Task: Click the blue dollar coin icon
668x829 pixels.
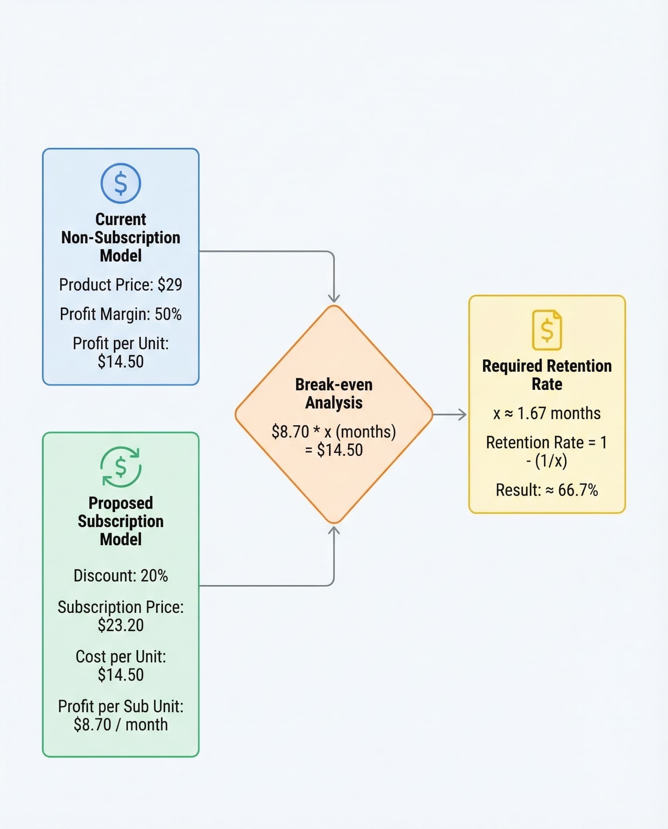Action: (121, 183)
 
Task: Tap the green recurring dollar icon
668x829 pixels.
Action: (121, 467)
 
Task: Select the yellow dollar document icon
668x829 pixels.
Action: (547, 330)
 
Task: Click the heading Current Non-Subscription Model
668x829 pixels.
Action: (121, 237)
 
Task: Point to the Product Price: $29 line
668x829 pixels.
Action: (121, 285)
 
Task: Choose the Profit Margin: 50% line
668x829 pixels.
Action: (121, 314)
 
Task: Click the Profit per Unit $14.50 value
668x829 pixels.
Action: (121, 362)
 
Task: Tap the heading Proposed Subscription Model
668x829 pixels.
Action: (121, 521)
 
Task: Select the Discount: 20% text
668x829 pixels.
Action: (121, 575)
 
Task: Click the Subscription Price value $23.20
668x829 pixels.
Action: (121, 625)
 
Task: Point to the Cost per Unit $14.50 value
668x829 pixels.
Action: (121, 675)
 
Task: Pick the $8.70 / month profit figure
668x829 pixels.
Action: (121, 724)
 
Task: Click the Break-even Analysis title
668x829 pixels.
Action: (334, 394)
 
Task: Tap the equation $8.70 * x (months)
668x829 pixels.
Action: (334, 432)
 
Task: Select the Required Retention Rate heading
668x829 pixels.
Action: (547, 375)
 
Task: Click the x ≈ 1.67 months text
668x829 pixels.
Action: (547, 413)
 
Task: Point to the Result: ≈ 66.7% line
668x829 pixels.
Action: (547, 490)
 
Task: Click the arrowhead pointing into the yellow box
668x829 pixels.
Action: (463, 415)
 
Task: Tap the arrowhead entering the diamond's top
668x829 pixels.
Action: (334, 299)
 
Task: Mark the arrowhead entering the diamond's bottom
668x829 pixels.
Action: (334, 530)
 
